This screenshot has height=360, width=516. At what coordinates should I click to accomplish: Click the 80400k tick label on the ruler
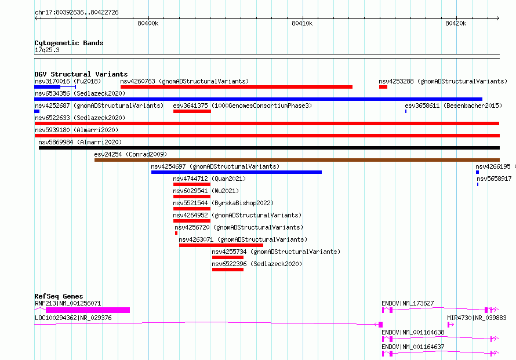coord(148,23)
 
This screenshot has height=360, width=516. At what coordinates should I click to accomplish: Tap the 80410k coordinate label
coord(302,23)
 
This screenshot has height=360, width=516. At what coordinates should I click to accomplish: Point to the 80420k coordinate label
coord(456,23)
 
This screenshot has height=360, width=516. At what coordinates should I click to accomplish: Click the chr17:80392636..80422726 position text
coord(77,13)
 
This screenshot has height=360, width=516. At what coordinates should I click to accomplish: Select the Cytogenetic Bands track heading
coord(69,43)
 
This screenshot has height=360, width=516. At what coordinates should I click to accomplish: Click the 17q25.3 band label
coord(47,50)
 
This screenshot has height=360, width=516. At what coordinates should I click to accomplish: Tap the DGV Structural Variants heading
coord(81,74)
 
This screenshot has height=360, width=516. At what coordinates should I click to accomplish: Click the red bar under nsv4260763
coord(237,87)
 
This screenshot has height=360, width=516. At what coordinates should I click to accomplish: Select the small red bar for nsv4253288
coord(383,87)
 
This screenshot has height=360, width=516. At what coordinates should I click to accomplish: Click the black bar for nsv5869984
coord(269,148)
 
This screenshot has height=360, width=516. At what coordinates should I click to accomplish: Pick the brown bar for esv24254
coord(297,160)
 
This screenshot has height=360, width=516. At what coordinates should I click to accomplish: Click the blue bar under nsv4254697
coord(237,172)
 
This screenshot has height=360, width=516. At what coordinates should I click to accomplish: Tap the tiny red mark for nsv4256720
coord(176,233)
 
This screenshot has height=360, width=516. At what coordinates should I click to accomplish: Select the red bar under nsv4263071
coord(221,245)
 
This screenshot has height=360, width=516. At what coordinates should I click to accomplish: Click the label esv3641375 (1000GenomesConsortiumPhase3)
coord(242,106)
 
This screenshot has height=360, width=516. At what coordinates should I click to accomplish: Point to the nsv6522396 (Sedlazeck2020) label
coord(257,264)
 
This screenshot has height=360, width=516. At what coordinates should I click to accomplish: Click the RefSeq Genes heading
coord(59,296)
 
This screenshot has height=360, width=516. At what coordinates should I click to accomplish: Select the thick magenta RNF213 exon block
coord(88,310)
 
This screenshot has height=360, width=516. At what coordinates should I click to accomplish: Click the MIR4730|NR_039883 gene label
coord(477,318)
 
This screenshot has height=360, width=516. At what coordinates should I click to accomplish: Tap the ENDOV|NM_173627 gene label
coord(408,303)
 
